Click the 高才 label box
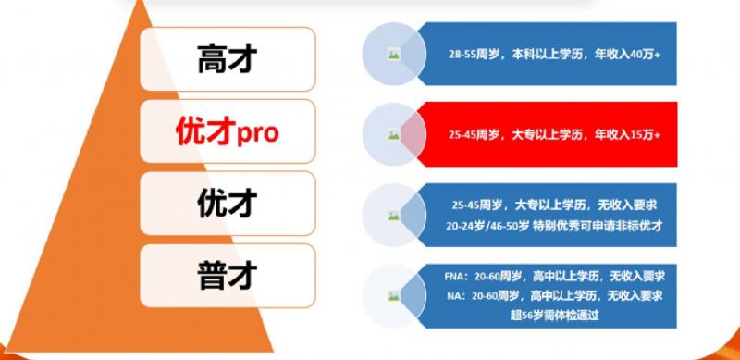click(x=228, y=59)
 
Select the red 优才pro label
click(x=228, y=131)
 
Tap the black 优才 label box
click(x=228, y=204)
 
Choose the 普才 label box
click(x=228, y=276)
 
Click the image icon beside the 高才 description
click(x=394, y=55)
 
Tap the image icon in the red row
click(x=394, y=135)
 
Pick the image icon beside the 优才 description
click(x=394, y=216)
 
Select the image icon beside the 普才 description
click(x=394, y=296)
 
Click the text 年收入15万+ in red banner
click(x=627, y=135)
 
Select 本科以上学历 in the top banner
click(x=547, y=55)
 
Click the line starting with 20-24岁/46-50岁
click(x=554, y=227)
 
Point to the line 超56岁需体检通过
click(x=554, y=316)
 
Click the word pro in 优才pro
click(x=258, y=134)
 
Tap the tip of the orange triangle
click(x=142, y=2)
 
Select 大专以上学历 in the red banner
click(x=548, y=135)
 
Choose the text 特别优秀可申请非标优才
click(x=598, y=227)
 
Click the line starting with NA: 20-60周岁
click(x=554, y=296)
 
